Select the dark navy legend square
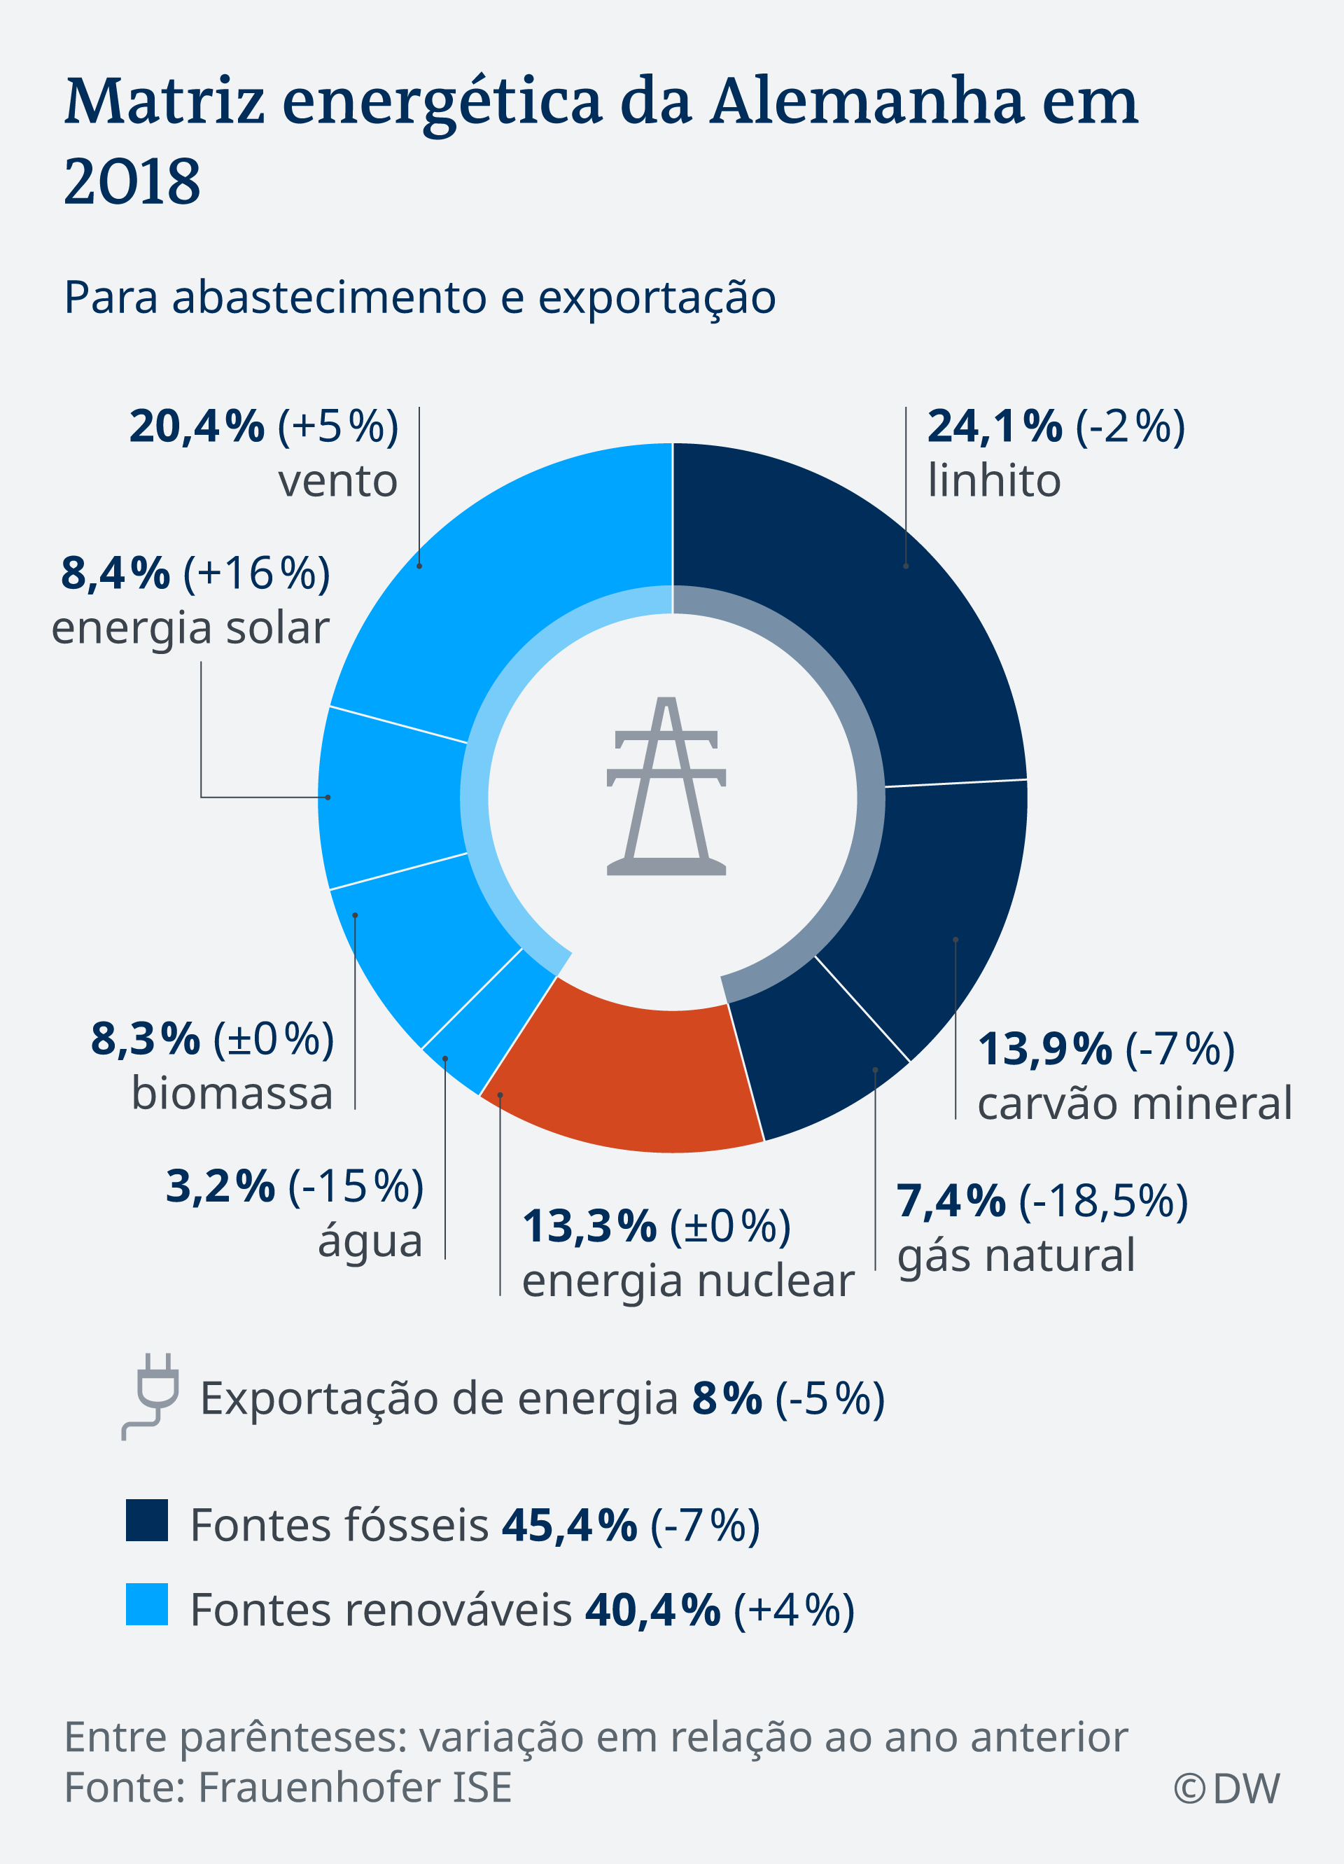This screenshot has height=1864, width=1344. [x=147, y=1519]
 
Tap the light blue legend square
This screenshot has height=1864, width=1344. [x=147, y=1604]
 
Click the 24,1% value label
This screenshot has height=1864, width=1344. [x=995, y=426]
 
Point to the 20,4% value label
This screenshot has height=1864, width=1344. [x=197, y=426]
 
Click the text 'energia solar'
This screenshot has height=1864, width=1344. [x=190, y=628]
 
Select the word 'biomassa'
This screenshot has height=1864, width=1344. [x=232, y=1094]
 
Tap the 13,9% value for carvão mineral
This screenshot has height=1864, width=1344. [x=1044, y=1050]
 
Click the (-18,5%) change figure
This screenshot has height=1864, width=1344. [x=1103, y=1202]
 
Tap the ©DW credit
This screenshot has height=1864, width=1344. [x=1226, y=1788]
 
